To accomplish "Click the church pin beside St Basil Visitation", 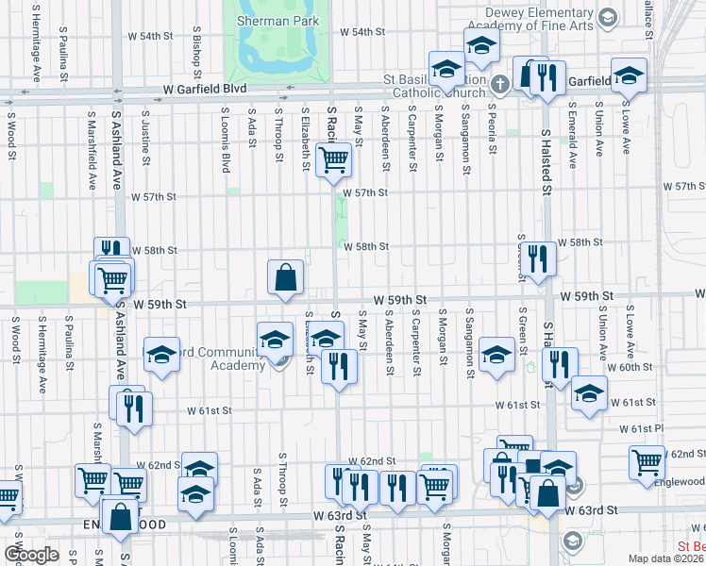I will tap(500, 85).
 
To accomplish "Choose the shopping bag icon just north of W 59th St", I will tap(285, 277).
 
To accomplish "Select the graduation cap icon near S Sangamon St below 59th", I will tap(496, 355).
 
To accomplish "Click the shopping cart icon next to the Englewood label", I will tap(647, 461).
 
